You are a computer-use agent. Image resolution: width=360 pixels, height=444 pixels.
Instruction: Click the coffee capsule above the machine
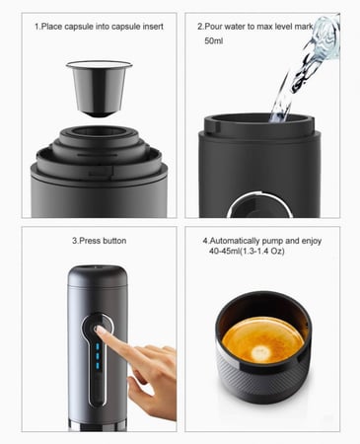point(99,88)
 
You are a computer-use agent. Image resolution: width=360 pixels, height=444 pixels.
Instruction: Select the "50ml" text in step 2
point(214,41)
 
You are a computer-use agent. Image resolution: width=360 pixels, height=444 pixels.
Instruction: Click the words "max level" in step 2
point(274,27)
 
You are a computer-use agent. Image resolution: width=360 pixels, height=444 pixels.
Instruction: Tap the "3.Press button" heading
point(99,241)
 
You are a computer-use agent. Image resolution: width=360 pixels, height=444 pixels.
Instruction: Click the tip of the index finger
point(98,329)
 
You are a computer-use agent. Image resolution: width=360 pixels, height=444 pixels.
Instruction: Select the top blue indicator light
point(98,346)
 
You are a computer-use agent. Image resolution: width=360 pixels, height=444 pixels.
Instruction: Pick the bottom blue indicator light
point(98,365)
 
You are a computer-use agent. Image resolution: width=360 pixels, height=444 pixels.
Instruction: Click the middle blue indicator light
point(98,356)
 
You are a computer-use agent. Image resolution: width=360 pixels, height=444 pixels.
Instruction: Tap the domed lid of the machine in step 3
point(98,275)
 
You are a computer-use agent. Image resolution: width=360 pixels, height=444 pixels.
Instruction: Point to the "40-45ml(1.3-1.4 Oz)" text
point(247,252)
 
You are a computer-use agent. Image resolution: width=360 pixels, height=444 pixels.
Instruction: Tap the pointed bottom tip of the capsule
point(99,114)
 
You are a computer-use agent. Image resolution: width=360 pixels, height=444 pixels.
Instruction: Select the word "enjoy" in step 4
point(312,241)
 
